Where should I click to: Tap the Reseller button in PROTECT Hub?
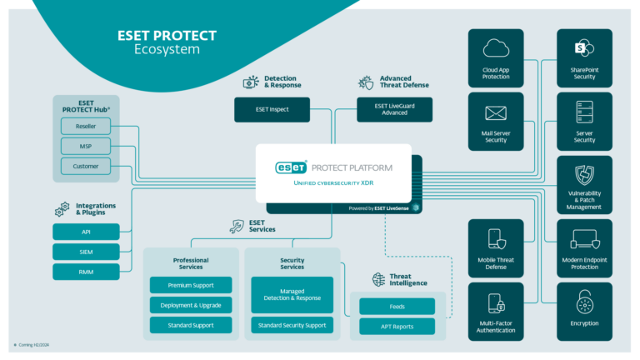pos(86,126)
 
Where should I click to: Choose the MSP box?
pos(86,146)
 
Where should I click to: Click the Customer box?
pos(86,167)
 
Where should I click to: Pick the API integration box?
pos(86,231)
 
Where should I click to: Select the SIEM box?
pos(86,252)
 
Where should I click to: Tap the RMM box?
pos(86,272)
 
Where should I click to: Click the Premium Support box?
pos(191,285)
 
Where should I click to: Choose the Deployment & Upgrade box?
pos(191,305)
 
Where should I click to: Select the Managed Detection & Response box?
pos(292,292)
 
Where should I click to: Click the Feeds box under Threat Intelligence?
pos(397,306)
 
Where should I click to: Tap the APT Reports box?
pos(397,327)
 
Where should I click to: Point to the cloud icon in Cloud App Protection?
pos(495,48)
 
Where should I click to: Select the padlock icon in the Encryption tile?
pos(583,302)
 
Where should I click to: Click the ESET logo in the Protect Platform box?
pos(292,167)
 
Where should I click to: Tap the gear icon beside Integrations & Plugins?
pos(62,209)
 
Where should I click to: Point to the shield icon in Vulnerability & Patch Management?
pos(583,175)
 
